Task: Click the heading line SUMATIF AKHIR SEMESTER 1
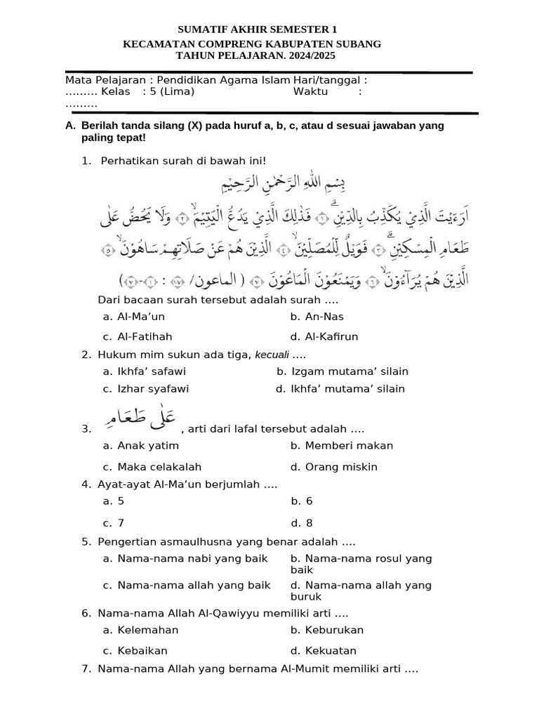(x=258, y=29)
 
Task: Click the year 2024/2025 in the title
(x=310, y=56)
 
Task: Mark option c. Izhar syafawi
(x=145, y=388)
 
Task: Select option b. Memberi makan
(x=341, y=445)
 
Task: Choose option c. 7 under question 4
(x=113, y=522)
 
